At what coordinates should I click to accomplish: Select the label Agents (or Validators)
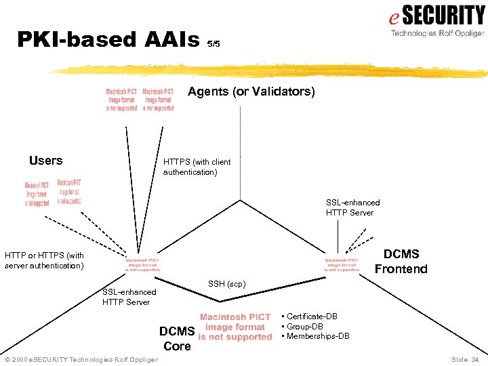[x=251, y=91]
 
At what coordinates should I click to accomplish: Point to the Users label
[x=45, y=161]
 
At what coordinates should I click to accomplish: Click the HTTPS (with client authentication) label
[x=197, y=167]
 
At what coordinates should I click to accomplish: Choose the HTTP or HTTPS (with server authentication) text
[x=45, y=260]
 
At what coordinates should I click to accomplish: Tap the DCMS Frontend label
[x=401, y=261]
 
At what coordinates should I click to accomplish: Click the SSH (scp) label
[x=226, y=283]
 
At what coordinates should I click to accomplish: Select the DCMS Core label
[x=177, y=338]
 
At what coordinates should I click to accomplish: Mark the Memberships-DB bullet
[x=318, y=336]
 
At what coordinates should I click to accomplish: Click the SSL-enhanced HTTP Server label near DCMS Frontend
[x=352, y=207]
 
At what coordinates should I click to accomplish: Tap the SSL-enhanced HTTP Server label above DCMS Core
[x=129, y=297]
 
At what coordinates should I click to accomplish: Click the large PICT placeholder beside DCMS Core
[x=235, y=327]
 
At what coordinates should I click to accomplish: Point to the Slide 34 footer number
[x=464, y=359]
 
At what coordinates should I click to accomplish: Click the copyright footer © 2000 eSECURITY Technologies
[x=81, y=359]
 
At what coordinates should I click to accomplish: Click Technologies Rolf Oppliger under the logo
[x=437, y=33]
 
